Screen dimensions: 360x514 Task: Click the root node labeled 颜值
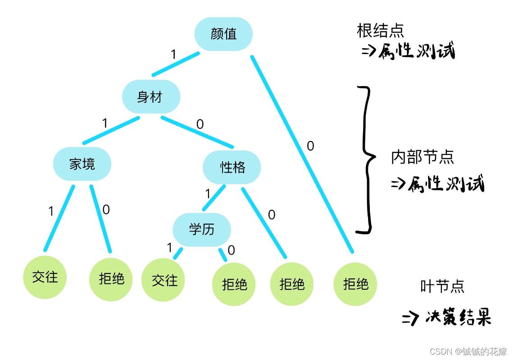tap(223, 34)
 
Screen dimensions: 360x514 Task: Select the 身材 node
tap(151, 97)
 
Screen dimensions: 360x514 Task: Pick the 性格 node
tap(232, 168)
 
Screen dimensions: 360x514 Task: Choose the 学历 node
tap(202, 230)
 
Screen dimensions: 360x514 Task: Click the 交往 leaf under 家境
tap(45, 277)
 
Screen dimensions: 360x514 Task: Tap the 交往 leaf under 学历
tap(163, 280)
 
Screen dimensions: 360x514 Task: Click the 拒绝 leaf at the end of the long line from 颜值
tap(355, 284)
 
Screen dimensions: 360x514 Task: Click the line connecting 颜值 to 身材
tap(176, 64)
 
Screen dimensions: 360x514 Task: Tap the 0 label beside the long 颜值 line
tap(310, 146)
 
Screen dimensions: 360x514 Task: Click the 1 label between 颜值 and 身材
tap(173, 55)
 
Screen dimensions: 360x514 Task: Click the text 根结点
tap(381, 31)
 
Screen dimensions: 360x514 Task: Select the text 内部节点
tap(422, 157)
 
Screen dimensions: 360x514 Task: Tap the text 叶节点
tap(442, 286)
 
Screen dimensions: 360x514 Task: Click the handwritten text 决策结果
tap(457, 318)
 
